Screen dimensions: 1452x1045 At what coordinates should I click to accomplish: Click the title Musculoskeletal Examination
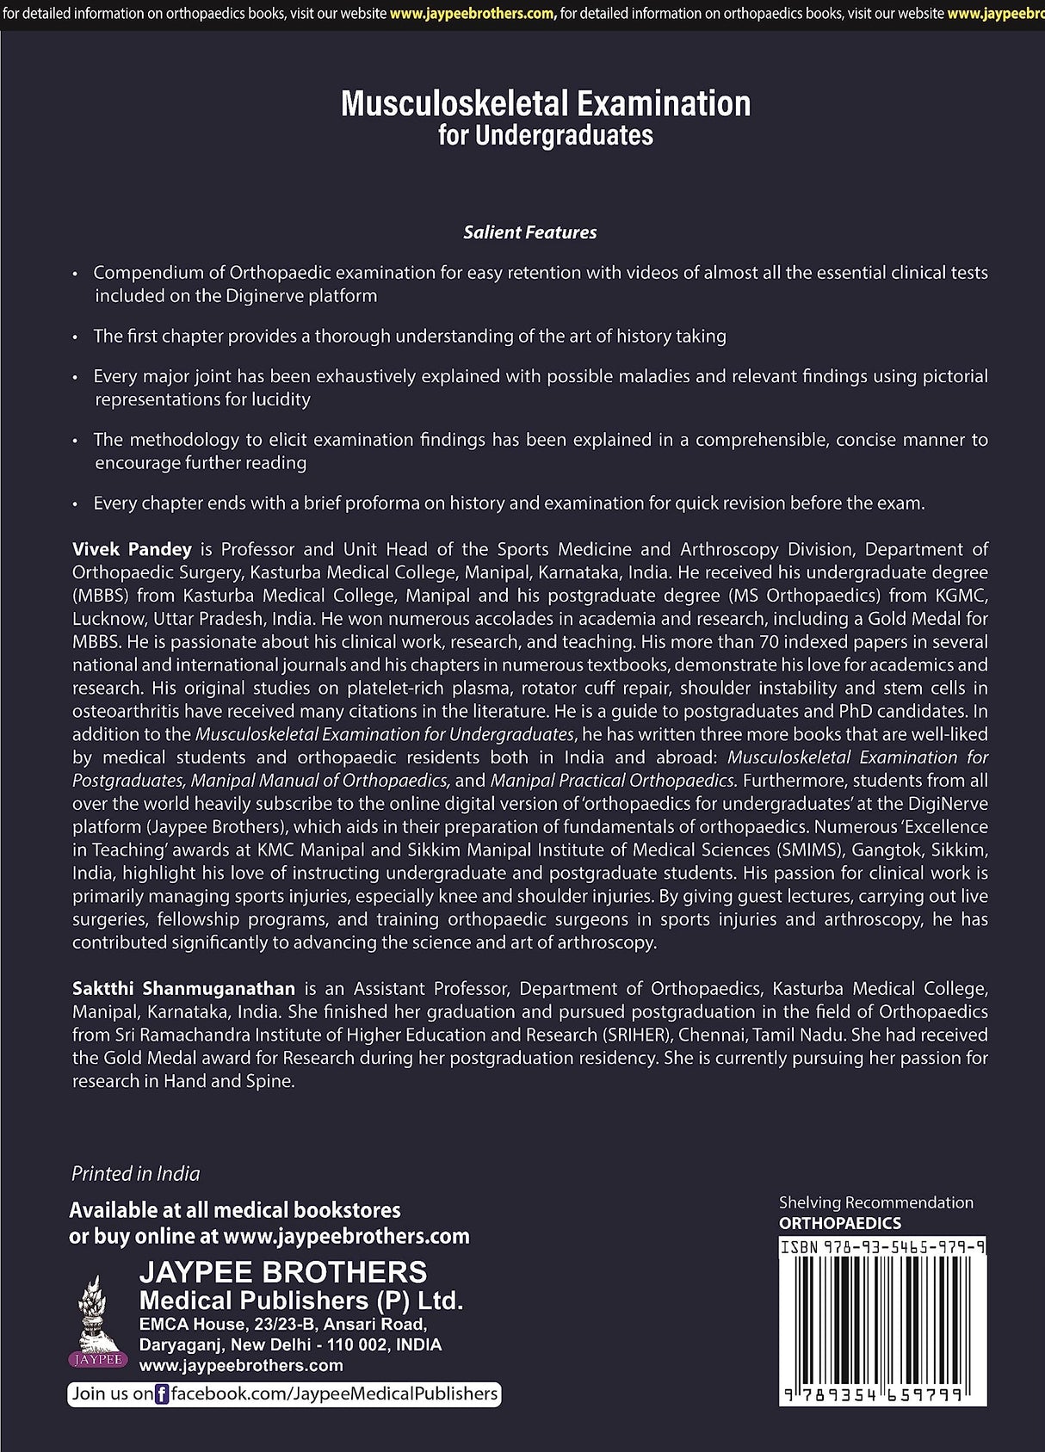pos(546,103)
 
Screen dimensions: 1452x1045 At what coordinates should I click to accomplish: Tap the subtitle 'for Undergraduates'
pos(546,136)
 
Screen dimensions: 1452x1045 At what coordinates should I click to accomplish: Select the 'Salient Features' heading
pos(529,232)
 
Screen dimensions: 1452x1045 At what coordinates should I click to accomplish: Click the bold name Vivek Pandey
pos(132,549)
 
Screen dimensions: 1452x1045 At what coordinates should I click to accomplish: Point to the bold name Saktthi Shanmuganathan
pos(183,989)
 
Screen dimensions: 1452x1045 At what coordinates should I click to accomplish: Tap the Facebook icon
pos(161,1394)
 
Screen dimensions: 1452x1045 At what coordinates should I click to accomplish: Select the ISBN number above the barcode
pos(882,1246)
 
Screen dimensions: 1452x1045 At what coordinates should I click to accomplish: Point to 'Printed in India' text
pos(135,1174)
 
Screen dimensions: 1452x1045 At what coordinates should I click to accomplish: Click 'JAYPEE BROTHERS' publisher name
pos(283,1272)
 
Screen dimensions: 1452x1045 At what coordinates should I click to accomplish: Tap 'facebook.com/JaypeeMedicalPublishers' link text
pos(334,1394)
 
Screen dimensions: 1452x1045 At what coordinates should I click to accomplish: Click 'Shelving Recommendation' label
pos(875,1202)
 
